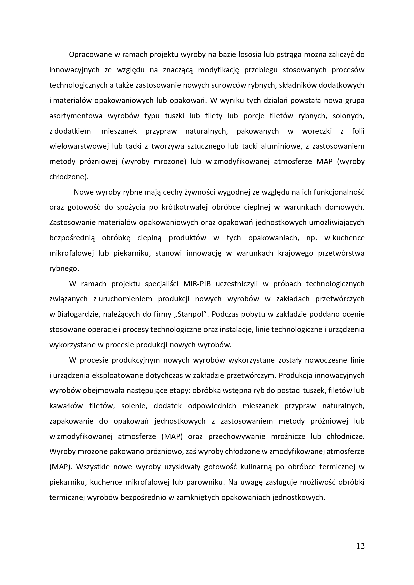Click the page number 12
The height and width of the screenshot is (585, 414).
pyautogui.click(x=360, y=546)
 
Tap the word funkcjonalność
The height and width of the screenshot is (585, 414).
pyautogui.click(x=337, y=192)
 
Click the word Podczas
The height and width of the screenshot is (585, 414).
pyautogui.click(x=224, y=314)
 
